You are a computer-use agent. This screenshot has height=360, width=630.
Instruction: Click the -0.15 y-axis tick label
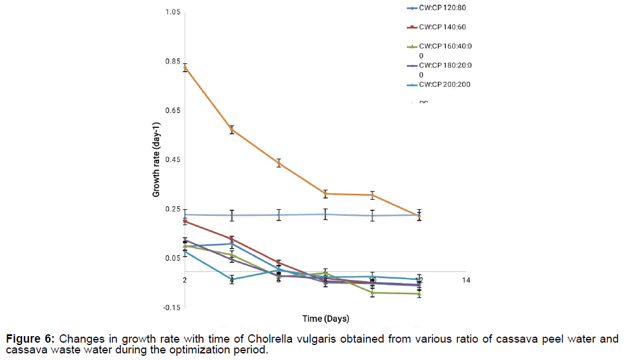171,307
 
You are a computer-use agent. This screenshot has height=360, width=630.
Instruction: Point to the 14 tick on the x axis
467,280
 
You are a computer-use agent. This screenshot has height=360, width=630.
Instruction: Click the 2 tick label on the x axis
185,280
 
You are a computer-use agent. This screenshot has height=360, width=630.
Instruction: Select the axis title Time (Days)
325,318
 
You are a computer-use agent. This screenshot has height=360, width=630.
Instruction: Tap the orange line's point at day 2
185,67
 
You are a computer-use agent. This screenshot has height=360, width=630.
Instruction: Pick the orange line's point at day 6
279,163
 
